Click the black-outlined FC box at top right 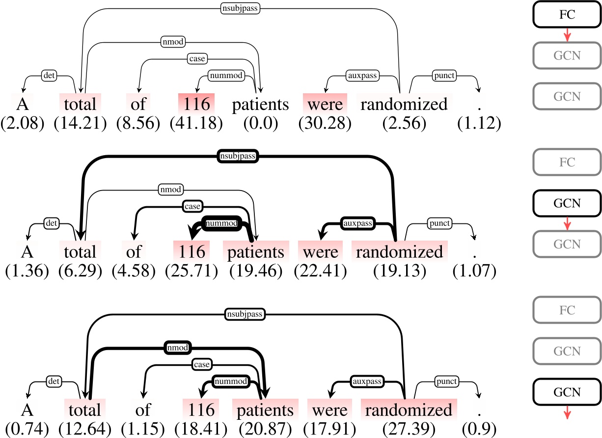pyautogui.click(x=567, y=14)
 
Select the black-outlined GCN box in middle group pyautogui.click(x=567, y=203)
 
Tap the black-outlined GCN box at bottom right pyautogui.click(x=567, y=391)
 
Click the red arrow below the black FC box pyautogui.click(x=567, y=35)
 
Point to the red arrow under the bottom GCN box pyautogui.click(x=567, y=412)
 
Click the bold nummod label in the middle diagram pyautogui.click(x=221, y=223)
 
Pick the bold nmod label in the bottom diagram pyautogui.click(x=178, y=347)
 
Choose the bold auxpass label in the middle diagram pyautogui.click(x=358, y=223)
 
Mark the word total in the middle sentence pyautogui.click(x=81, y=252)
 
